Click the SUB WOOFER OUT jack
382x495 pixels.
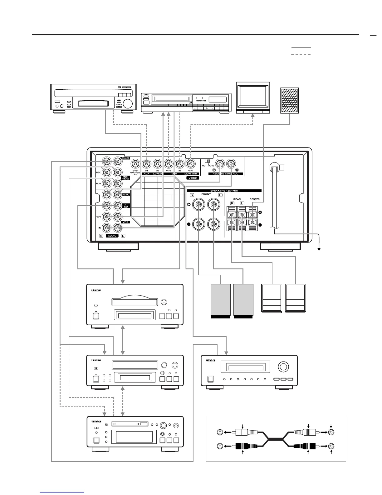click(135, 163)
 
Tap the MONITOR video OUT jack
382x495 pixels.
click(190, 163)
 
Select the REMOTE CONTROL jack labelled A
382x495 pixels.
click(220, 163)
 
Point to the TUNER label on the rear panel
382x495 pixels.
click(125, 158)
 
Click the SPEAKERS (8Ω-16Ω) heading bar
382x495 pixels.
click(224, 190)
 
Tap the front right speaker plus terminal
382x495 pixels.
click(198, 205)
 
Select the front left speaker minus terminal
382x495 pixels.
click(213, 224)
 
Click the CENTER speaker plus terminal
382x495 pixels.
click(252, 215)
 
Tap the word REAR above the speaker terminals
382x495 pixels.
click(237, 199)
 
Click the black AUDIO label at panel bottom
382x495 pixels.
click(112, 236)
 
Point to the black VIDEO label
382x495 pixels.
click(193, 178)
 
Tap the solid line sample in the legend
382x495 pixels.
click(301, 47)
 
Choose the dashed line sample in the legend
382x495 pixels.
click(301, 54)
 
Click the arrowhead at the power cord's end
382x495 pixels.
click(319, 249)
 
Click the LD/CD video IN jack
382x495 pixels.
click(157, 163)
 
